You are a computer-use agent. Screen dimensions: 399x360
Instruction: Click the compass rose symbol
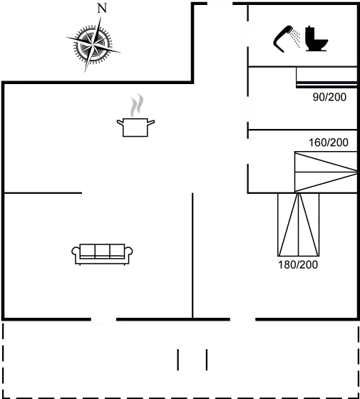(92, 44)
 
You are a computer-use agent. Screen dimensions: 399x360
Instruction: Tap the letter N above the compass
(102, 9)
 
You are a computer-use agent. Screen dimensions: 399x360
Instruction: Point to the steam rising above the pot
(135, 105)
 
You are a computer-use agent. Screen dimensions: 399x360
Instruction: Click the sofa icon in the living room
(102, 253)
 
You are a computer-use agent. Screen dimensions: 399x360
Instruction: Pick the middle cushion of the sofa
(102, 251)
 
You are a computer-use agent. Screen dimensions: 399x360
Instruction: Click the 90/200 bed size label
(329, 98)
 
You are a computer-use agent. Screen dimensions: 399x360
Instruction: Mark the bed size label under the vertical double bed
(298, 264)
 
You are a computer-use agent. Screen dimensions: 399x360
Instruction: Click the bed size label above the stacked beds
(329, 142)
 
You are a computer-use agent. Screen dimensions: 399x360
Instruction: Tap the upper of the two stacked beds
(325, 162)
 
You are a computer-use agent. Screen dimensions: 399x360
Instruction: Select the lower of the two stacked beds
(325, 182)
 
